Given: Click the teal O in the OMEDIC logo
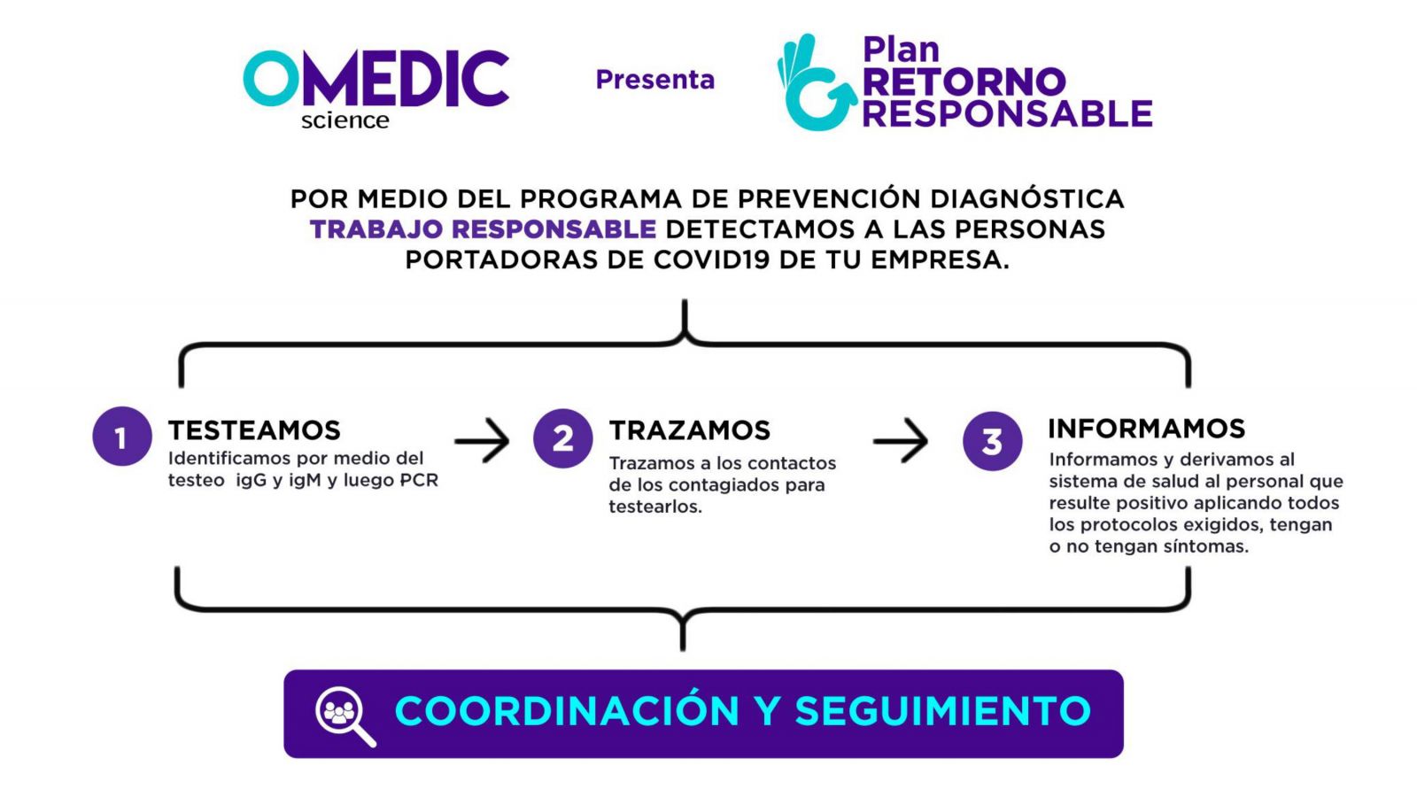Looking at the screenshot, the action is pos(271,78).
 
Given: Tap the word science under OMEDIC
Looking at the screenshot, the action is pos(345,120).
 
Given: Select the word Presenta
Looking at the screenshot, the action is pos(655,80).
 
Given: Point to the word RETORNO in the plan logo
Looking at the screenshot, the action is pos(964,82).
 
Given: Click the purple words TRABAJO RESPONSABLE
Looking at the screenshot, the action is pos(484,229).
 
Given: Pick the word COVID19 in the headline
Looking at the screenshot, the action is pos(712,259).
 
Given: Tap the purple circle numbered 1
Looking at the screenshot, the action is pos(122,437).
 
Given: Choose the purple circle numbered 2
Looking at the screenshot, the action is pos(563,438).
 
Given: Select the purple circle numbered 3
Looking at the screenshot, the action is pos(993,442).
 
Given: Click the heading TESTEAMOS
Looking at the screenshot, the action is pos(254,430).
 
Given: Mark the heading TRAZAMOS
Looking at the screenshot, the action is pos(690,430).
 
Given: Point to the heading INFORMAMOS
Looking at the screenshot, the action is pos(1147,429).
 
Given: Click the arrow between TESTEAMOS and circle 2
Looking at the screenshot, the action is pos(482,440).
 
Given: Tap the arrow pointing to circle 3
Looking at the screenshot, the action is pos(901,440).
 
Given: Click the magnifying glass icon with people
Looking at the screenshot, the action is pos(345,716).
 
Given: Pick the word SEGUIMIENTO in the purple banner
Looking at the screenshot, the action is pos(943,710).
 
